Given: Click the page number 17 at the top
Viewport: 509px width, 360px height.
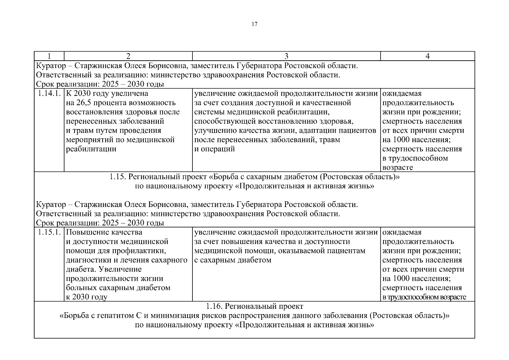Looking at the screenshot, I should click(254, 24).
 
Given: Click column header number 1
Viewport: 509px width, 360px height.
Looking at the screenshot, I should click(49, 56).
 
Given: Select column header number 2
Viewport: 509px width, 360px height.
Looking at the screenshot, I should click(128, 56).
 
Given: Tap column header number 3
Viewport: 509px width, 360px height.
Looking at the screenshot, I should click(286, 56).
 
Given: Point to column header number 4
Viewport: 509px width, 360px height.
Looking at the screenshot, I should click(427, 56).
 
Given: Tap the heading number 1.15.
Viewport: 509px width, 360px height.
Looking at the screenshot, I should click(118, 177).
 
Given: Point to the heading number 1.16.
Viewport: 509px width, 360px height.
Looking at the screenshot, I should click(214, 306).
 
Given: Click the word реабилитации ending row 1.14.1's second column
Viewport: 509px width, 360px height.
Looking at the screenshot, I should click(91, 149).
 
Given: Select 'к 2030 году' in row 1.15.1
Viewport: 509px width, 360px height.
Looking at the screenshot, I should click(87, 297).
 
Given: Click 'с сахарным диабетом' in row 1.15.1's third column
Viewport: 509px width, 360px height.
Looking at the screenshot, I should click(233, 260).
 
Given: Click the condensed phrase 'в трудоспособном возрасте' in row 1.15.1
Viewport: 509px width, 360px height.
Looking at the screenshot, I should click(424, 297).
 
